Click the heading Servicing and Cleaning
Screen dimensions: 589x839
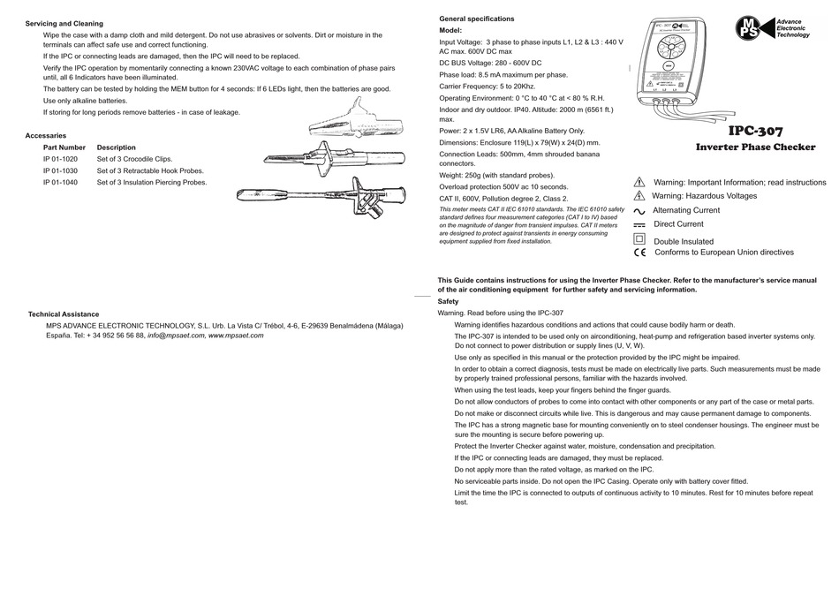64,23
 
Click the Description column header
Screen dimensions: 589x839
117,147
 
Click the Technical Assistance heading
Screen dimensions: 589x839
64,313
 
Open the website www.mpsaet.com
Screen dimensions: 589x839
236,336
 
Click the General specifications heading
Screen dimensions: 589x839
476,19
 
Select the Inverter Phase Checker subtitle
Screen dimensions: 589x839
755,147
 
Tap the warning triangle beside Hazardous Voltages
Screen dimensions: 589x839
639,196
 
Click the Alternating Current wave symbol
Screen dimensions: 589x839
639,211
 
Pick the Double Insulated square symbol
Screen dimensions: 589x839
639,239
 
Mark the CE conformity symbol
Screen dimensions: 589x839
639,253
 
